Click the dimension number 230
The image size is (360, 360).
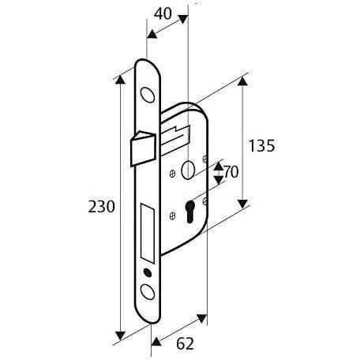click(102, 207)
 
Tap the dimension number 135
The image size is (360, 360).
click(262, 145)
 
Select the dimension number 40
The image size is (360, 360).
click(163, 13)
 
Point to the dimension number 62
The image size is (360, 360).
click(185, 343)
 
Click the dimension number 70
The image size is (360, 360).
click(231, 172)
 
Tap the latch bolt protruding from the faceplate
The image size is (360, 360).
click(144, 148)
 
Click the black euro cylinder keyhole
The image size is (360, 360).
click(189, 212)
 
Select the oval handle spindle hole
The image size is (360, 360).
click(188, 170)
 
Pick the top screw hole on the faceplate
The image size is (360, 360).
click(148, 95)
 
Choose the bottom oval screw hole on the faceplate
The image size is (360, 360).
click(148, 291)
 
